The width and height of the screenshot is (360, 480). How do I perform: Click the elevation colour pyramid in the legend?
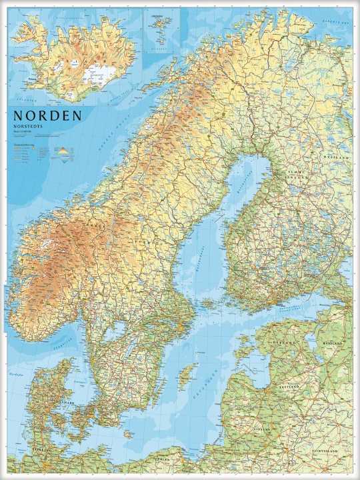[63, 151]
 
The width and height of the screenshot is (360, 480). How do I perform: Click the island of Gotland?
[189, 373]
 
